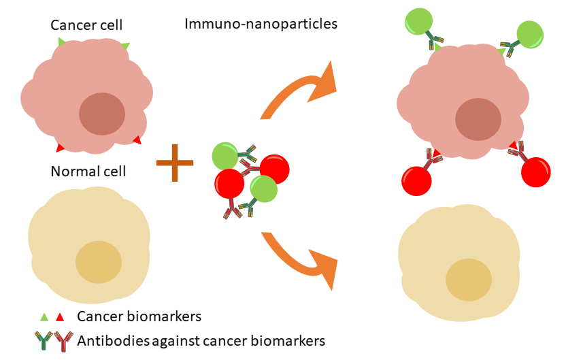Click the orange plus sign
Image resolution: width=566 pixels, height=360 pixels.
point(175,163)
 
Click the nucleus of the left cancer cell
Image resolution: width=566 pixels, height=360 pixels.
point(102,114)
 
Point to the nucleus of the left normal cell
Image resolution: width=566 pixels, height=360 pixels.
point(99,262)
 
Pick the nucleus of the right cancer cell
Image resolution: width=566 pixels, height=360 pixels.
point(478,119)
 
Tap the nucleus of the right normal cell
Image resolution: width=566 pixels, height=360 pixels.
point(469,280)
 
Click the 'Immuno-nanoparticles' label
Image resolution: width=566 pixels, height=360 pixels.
point(261,24)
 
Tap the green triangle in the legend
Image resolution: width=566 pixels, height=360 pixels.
point(44,317)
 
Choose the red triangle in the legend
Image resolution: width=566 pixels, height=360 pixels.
point(60,317)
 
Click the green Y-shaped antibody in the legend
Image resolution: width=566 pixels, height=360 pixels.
point(44,341)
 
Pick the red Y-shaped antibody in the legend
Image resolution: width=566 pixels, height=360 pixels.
point(63,342)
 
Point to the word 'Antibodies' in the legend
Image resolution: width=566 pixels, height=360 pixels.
point(114,341)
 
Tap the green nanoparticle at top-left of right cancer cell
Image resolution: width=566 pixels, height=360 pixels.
point(419,22)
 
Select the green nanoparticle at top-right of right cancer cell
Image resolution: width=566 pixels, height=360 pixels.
point(530,35)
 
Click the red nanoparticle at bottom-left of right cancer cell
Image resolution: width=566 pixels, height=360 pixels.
point(416,181)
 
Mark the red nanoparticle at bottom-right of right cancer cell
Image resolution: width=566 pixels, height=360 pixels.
point(536,172)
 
